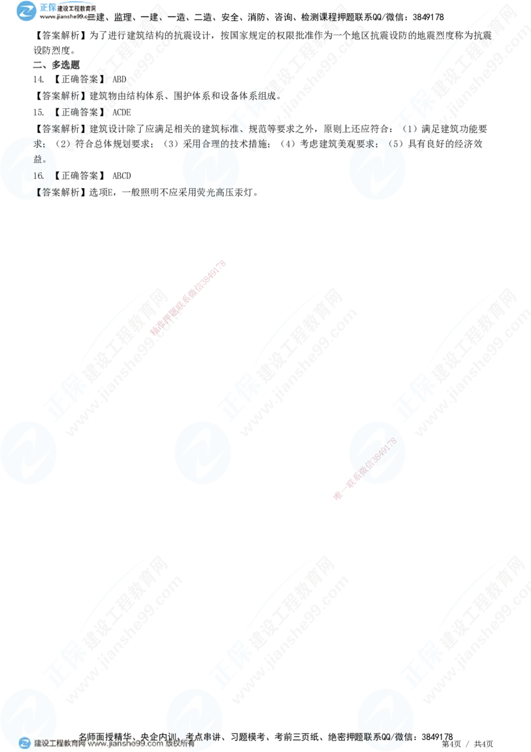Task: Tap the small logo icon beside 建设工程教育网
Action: point(25,744)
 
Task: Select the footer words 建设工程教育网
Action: point(60,745)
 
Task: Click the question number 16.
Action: point(38,175)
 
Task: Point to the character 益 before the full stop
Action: point(38,159)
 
